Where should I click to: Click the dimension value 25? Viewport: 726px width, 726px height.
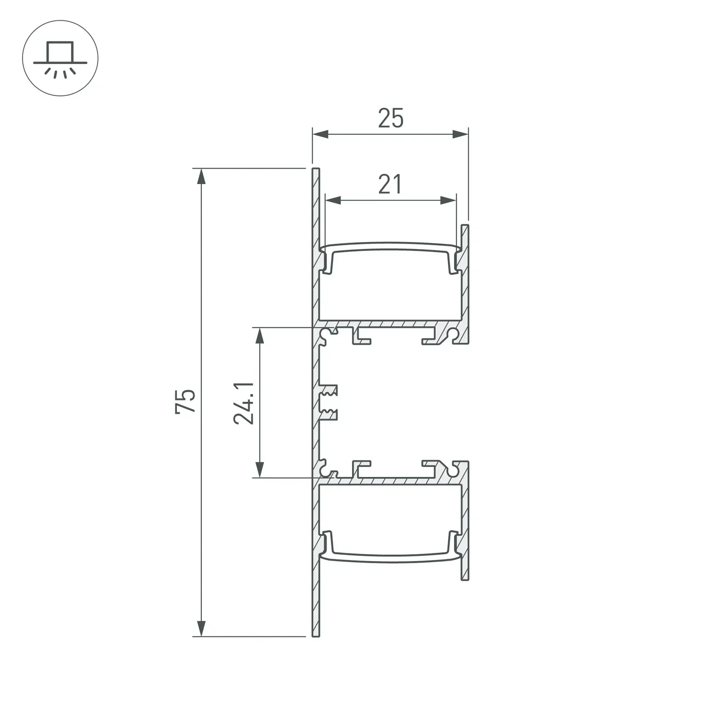(390, 118)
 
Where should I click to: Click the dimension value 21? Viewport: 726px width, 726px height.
(390, 184)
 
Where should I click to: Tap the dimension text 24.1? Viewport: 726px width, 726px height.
(244, 403)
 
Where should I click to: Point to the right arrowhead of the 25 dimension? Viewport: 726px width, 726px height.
(461, 134)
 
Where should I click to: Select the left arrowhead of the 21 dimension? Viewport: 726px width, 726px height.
(333, 200)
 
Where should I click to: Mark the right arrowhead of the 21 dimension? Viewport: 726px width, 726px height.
(448, 200)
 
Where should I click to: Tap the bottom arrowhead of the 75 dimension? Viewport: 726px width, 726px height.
(201, 628)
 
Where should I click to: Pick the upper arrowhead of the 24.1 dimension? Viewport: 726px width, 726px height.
(260, 336)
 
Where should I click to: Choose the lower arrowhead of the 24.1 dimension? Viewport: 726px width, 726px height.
(260, 469)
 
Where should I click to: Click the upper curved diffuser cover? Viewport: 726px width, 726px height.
(390, 246)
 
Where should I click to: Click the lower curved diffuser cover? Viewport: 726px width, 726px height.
(390, 558)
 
